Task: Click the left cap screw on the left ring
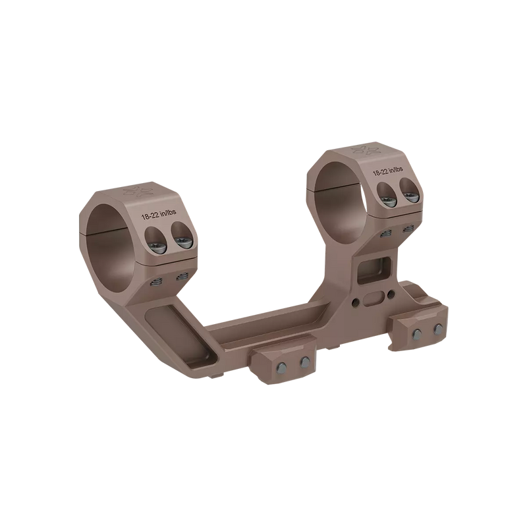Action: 156,236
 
